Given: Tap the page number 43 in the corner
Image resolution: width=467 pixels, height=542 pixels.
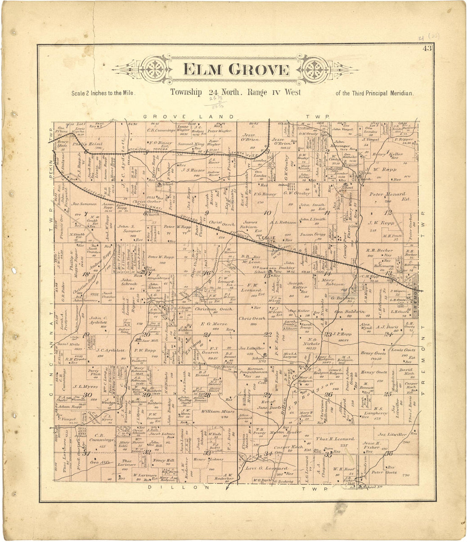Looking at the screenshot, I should pyautogui.click(x=427, y=48).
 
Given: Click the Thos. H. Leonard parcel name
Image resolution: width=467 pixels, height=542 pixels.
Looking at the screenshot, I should pyautogui.click(x=335, y=439).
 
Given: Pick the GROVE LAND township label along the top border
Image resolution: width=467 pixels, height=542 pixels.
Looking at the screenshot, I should pyautogui.click(x=188, y=116).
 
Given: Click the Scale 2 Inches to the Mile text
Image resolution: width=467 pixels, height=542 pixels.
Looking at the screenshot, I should pyautogui.click(x=103, y=93).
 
